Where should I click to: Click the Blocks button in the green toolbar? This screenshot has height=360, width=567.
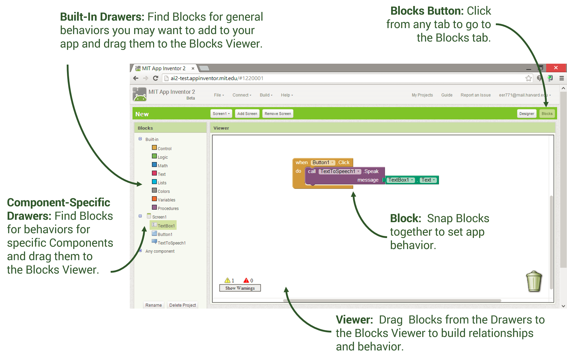click(547, 114)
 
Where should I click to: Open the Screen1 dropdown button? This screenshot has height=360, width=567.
click(221, 114)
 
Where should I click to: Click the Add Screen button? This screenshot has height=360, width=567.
click(247, 114)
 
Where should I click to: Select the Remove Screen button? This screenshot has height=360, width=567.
click(278, 114)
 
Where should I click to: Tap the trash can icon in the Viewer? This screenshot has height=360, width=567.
click(534, 281)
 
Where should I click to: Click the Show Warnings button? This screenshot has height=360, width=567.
click(240, 288)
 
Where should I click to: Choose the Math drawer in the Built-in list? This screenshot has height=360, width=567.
click(162, 166)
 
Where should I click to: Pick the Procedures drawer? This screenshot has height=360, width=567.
click(168, 208)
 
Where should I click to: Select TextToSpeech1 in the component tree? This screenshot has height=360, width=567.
click(171, 243)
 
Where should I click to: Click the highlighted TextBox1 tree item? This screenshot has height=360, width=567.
click(166, 226)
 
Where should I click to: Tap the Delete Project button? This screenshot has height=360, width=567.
click(182, 305)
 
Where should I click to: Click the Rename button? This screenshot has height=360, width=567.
click(153, 305)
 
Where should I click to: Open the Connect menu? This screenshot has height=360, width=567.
click(242, 95)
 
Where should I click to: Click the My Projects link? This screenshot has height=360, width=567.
click(422, 95)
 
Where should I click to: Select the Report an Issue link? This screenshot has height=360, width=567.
click(475, 95)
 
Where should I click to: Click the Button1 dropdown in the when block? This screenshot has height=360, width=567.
click(323, 162)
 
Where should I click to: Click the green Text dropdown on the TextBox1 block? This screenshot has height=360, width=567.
click(428, 180)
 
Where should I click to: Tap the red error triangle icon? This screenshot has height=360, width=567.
click(246, 280)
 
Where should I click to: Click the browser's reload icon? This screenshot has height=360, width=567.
click(156, 78)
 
